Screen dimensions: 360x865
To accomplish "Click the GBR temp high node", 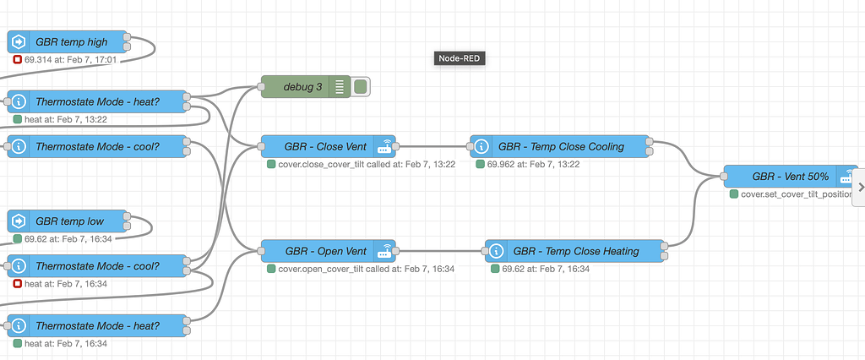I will click(x=72, y=41).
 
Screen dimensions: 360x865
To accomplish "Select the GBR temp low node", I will click(x=72, y=221).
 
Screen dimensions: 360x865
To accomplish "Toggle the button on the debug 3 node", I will click(x=361, y=86).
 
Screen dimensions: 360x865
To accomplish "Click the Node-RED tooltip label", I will click(x=460, y=58).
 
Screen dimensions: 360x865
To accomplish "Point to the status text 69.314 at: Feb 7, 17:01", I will click(x=70, y=60).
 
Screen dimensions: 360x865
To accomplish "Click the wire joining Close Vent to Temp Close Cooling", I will click(x=433, y=146).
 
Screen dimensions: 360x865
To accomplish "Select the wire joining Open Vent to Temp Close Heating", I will click(x=440, y=251).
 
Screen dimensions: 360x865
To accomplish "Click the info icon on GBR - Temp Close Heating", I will click(x=497, y=251).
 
